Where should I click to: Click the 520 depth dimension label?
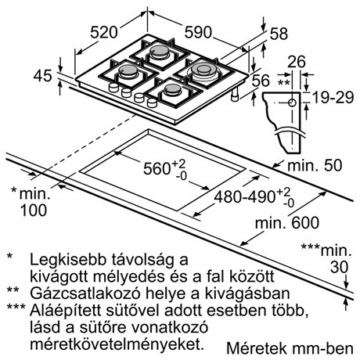click(x=104, y=33)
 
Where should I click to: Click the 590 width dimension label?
click(x=198, y=32)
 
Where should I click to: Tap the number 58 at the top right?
click(x=279, y=34)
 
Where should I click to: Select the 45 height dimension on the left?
click(x=43, y=76)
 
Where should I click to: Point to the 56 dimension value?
click(x=261, y=81)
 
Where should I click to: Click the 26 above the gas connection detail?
click(x=297, y=62)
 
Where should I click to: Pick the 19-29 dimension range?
click(x=333, y=98)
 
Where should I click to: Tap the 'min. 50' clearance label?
click(x=315, y=165)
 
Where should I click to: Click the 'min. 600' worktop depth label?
click(x=287, y=223)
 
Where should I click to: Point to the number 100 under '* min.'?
click(x=34, y=211)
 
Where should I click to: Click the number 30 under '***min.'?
click(x=339, y=267)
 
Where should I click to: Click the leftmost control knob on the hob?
click(x=113, y=88)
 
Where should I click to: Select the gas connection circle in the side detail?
click(x=292, y=103)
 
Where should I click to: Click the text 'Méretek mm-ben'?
click(x=290, y=348)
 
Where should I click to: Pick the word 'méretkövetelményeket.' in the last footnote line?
click(x=117, y=344)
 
